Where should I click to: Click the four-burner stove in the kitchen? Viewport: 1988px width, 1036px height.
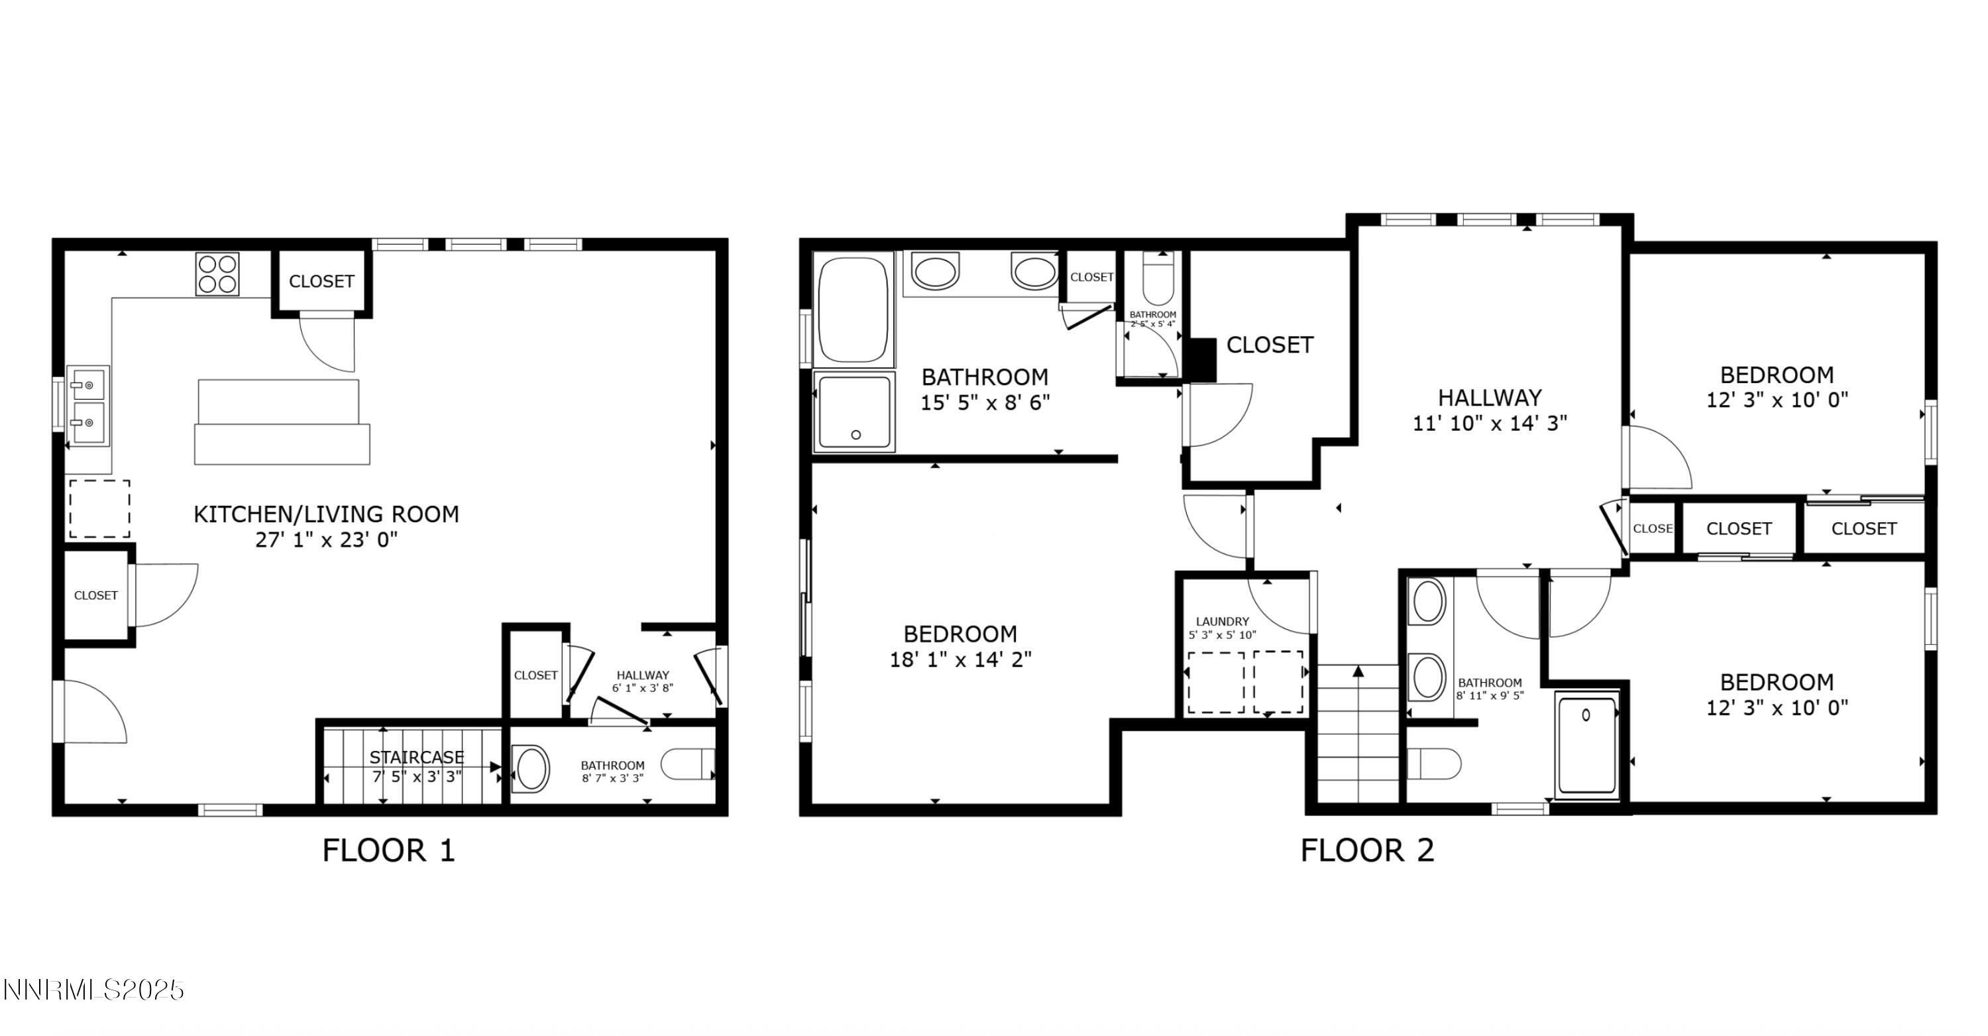pyautogui.click(x=217, y=274)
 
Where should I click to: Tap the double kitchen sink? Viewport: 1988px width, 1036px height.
pyautogui.click(x=87, y=406)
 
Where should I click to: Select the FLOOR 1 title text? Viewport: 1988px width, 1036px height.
pyautogui.click(x=388, y=850)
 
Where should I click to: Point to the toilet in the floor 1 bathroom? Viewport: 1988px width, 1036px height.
pyautogui.click(x=687, y=764)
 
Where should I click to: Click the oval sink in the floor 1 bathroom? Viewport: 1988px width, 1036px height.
pyautogui.click(x=531, y=768)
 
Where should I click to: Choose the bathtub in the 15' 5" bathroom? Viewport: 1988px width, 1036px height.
pyautogui.click(x=853, y=310)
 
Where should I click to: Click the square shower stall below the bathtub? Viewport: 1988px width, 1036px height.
pyautogui.click(x=854, y=412)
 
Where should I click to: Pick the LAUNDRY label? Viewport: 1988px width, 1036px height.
pyautogui.click(x=1222, y=622)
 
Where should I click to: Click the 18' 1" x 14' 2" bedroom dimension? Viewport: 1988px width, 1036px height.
pyautogui.click(x=960, y=660)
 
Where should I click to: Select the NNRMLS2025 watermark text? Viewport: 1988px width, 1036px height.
pyautogui.click(x=93, y=990)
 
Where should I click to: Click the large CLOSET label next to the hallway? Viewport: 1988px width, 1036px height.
pyautogui.click(x=1270, y=345)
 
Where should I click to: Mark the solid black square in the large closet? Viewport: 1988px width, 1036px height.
pyautogui.click(x=1200, y=360)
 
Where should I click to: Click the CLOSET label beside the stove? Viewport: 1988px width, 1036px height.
pyautogui.click(x=321, y=281)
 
